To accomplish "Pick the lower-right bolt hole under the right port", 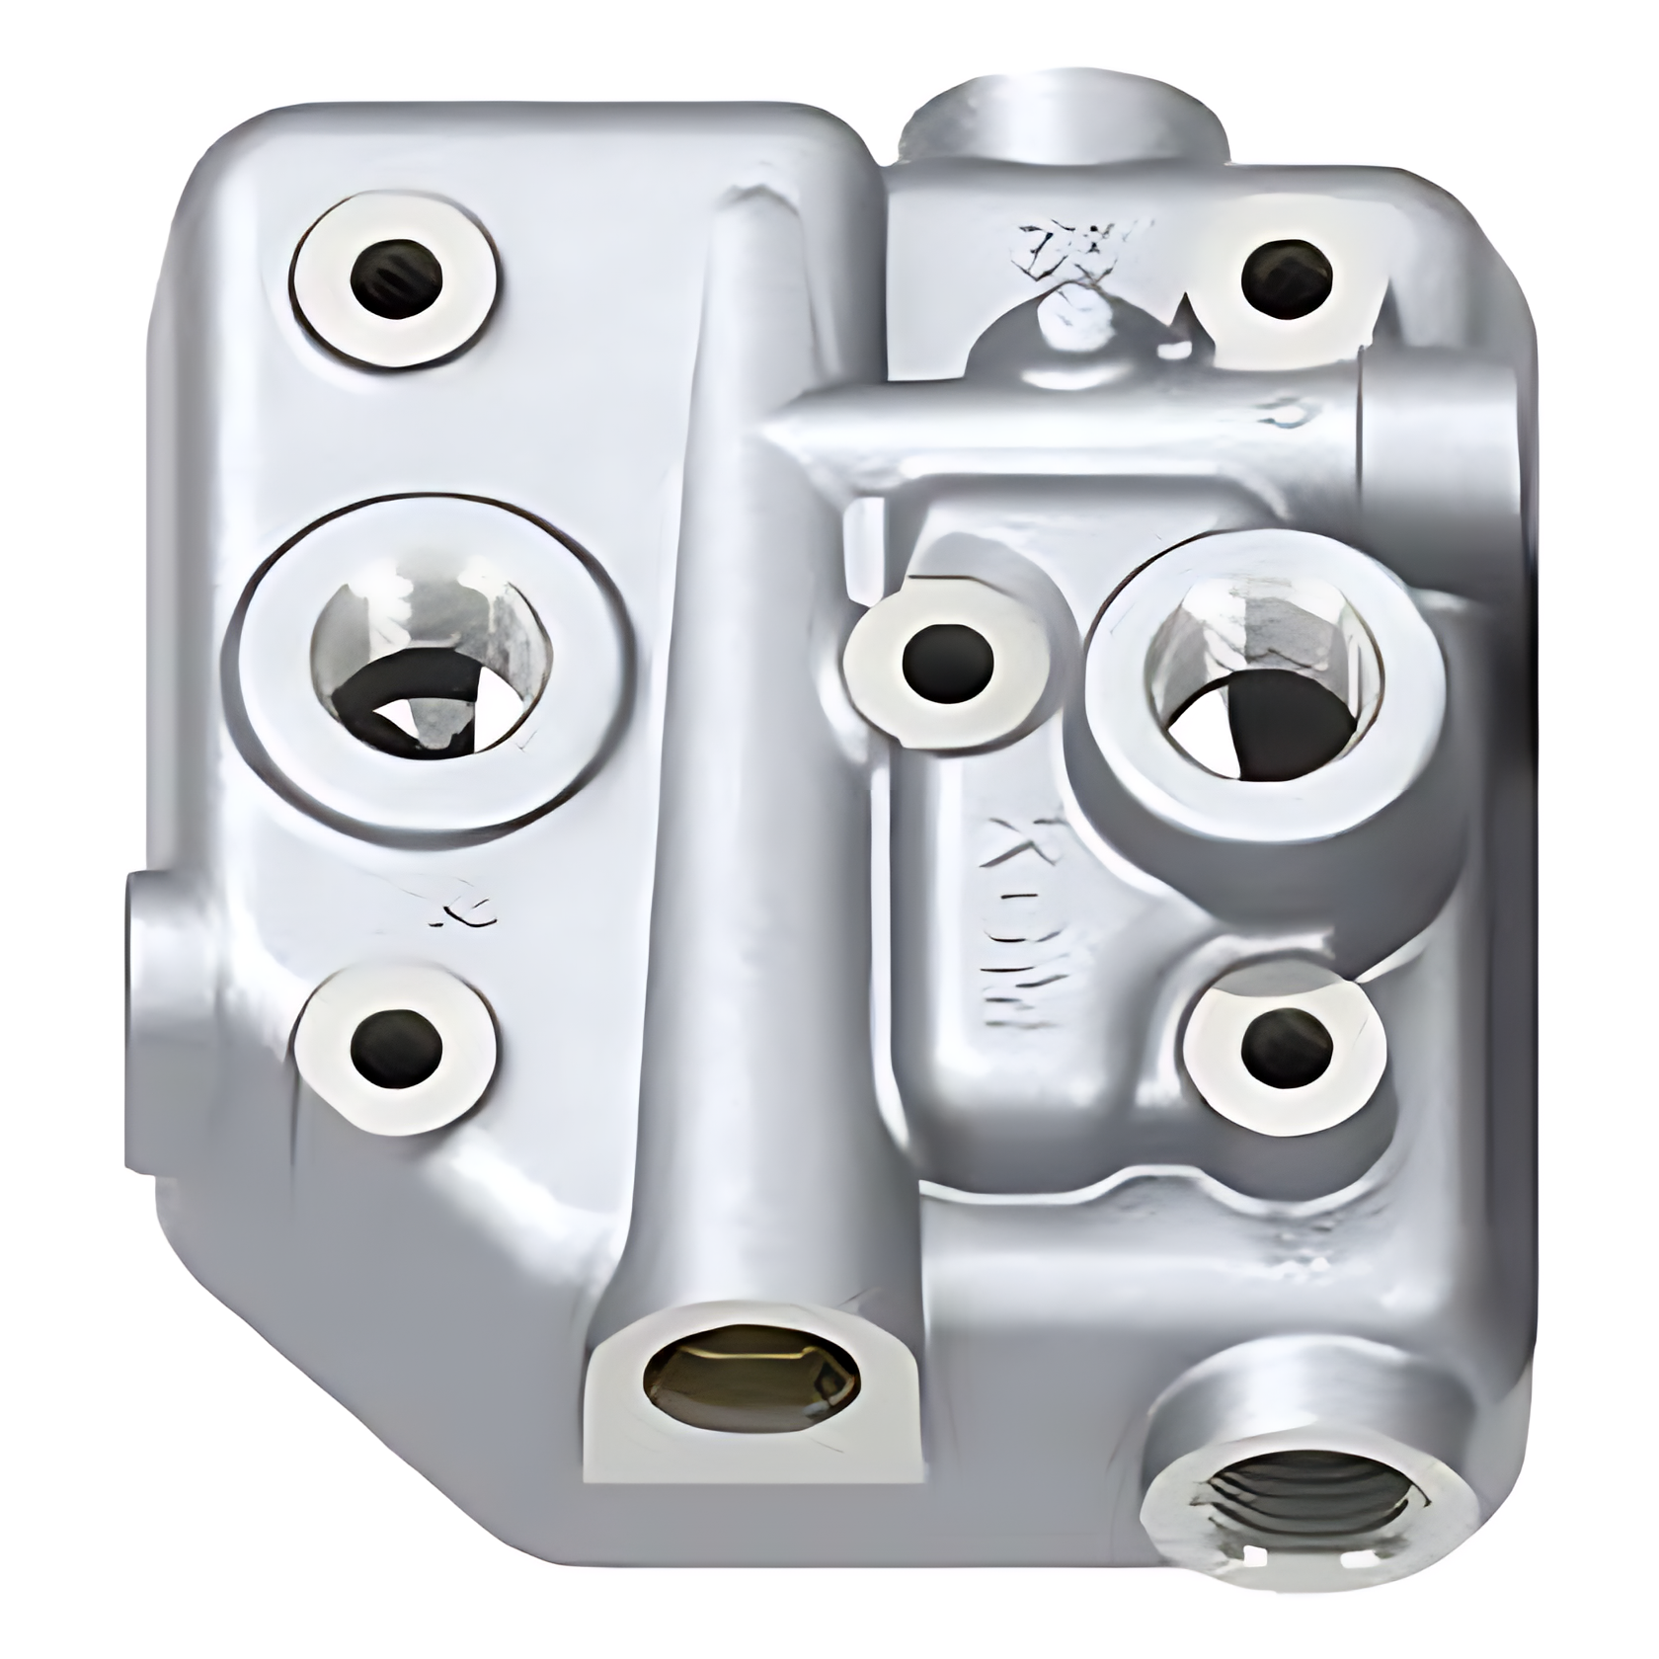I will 1286,1048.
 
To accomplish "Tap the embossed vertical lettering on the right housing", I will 1009,913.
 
